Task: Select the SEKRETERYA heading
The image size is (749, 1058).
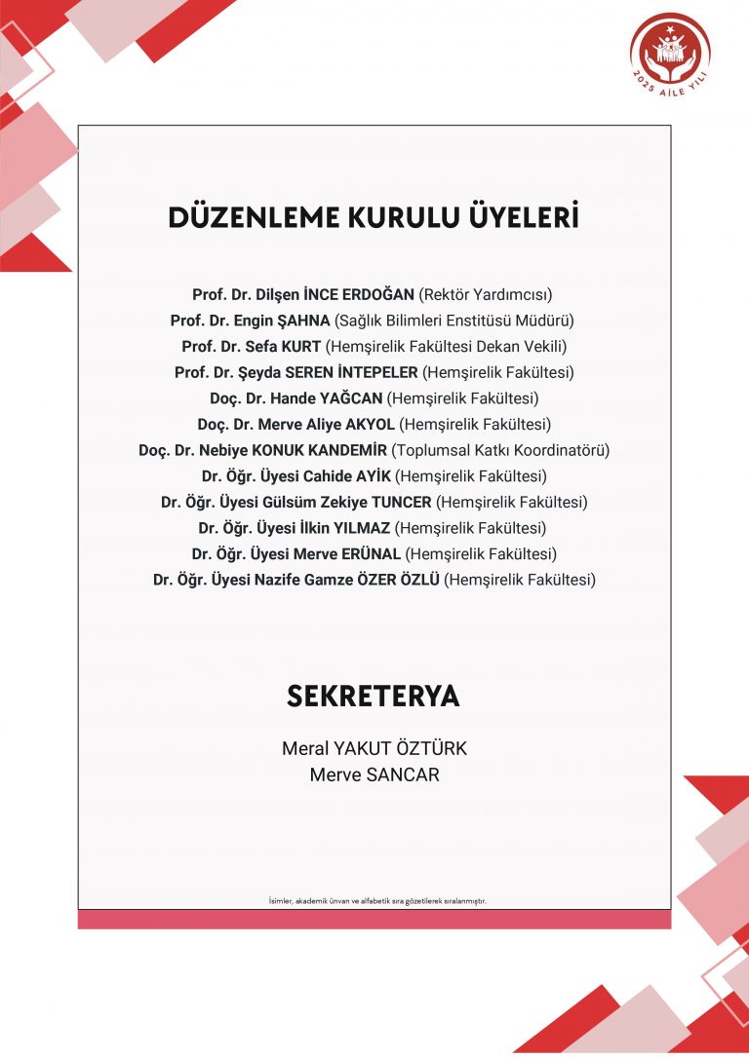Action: [x=374, y=697]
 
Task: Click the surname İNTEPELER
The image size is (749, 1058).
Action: [x=379, y=372]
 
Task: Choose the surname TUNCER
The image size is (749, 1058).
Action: [x=398, y=503]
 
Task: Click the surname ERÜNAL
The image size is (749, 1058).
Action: [x=371, y=554]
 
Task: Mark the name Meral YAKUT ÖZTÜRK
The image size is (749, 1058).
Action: [x=374, y=749]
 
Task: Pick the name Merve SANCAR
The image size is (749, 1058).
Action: [x=374, y=775]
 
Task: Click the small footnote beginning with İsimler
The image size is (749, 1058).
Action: [x=376, y=901]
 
